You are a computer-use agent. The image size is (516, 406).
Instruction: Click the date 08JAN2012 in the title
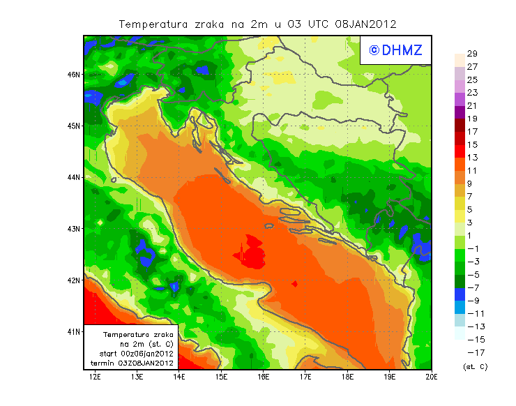click(x=365, y=24)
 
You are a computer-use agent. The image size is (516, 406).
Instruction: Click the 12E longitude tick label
click(x=95, y=377)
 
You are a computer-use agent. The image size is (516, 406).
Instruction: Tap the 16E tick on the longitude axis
click(x=264, y=377)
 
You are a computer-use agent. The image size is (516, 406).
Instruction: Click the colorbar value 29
click(x=471, y=54)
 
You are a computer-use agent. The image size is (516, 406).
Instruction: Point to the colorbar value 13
click(x=471, y=158)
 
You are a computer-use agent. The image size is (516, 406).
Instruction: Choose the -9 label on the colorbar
click(x=471, y=301)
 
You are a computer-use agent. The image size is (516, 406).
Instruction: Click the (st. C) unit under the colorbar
click(x=476, y=366)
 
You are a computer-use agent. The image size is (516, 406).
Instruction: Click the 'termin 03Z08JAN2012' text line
click(x=135, y=363)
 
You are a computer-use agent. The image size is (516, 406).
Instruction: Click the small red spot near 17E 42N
click(x=295, y=283)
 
